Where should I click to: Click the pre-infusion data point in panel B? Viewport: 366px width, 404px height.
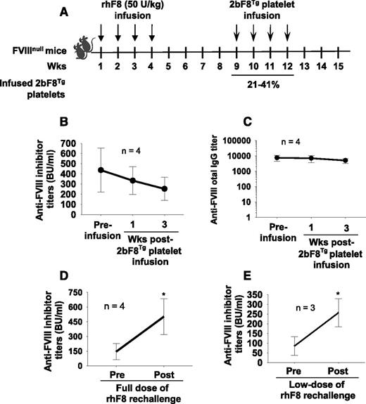(x=102, y=170)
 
